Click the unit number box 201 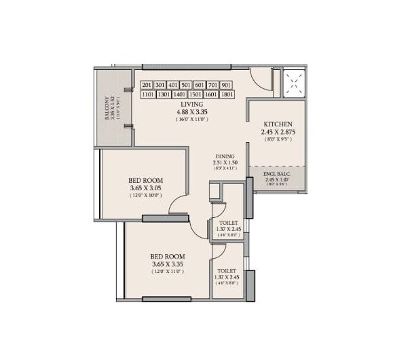tap(147, 85)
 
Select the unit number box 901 tap(226, 85)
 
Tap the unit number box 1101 tap(147, 95)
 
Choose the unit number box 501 tap(187, 85)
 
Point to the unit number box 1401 tap(179, 95)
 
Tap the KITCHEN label tap(277, 124)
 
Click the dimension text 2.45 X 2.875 tap(277, 132)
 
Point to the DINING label tap(225, 156)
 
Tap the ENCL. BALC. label tap(277, 174)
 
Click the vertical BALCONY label tap(107, 109)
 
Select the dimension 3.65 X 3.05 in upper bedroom tap(147, 188)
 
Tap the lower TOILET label tap(227, 270)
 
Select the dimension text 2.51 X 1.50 tap(225, 163)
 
